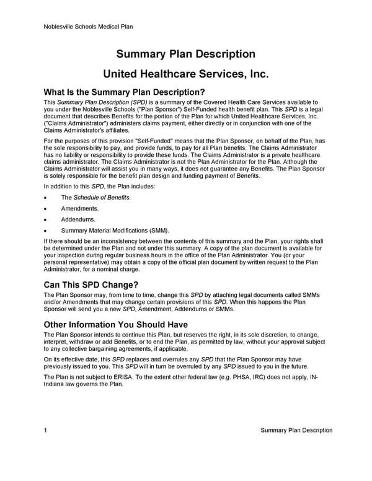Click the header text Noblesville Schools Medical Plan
click(x=89, y=27)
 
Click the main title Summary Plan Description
click(x=186, y=54)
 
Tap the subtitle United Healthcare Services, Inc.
click(x=186, y=74)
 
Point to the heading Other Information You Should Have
click(x=116, y=325)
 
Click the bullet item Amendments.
click(x=80, y=208)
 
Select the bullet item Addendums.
click(x=78, y=219)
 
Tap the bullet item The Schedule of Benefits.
click(x=95, y=197)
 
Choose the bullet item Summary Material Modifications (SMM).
click(x=115, y=230)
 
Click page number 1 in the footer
click(x=46, y=430)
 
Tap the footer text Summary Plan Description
click(x=296, y=430)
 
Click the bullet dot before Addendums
click(x=46, y=219)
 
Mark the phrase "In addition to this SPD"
click(x=79, y=186)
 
